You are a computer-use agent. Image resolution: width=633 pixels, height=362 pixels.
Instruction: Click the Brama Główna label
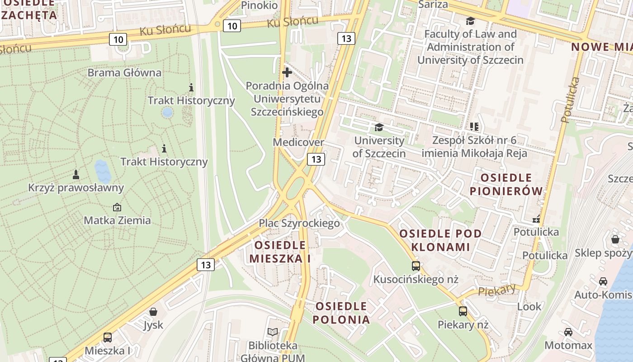[x=124, y=73]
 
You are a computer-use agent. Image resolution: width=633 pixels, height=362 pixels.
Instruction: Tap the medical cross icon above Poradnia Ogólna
[x=287, y=72]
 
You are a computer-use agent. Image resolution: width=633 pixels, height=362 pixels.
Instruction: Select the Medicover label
[x=298, y=143]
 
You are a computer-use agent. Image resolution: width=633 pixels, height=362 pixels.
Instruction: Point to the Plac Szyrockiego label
[x=299, y=223]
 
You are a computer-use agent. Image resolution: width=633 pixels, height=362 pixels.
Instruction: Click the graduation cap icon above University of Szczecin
[x=379, y=128]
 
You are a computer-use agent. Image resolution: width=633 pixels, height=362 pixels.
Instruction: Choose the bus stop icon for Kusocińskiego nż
[x=416, y=266]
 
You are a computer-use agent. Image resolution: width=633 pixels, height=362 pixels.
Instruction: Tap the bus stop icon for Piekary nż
[x=463, y=311]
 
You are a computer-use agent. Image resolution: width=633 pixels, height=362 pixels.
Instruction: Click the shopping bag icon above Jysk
[x=153, y=312]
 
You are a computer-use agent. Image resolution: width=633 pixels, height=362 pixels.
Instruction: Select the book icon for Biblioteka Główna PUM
[x=273, y=332]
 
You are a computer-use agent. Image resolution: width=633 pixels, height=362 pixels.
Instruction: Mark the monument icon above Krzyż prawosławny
[x=76, y=174]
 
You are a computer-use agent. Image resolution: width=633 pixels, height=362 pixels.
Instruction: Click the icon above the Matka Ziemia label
[x=117, y=207]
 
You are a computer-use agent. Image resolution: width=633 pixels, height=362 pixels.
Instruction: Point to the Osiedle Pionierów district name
[x=506, y=184]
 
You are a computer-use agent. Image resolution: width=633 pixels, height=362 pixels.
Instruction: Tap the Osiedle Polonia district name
[x=341, y=313]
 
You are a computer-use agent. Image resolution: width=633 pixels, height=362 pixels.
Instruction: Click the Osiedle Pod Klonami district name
[x=441, y=240]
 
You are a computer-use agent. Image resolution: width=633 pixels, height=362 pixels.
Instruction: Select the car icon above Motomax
[x=568, y=332]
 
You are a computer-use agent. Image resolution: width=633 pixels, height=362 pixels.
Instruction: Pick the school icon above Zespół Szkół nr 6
[x=474, y=127]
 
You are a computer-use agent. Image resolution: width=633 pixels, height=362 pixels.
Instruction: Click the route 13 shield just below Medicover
[x=316, y=159]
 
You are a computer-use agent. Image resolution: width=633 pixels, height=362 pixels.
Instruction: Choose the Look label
[x=529, y=306]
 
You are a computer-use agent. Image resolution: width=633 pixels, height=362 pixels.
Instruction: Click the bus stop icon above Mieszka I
[x=108, y=337]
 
